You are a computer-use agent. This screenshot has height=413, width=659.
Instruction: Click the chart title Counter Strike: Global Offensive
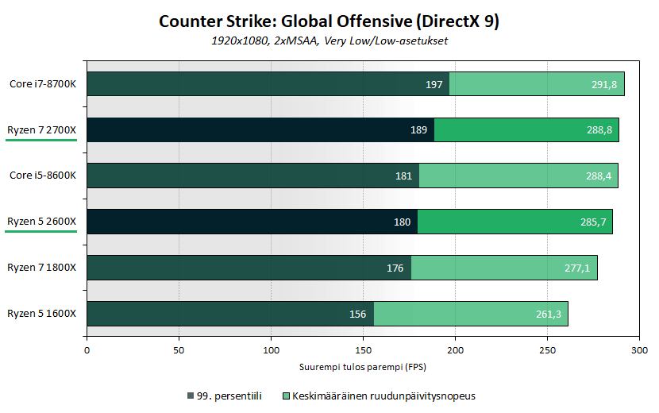[329, 21]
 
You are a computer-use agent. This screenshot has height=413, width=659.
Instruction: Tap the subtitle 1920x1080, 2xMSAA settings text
[329, 41]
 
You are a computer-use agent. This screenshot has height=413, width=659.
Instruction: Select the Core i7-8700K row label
[43, 83]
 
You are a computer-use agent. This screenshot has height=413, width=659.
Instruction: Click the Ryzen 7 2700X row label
[41, 129]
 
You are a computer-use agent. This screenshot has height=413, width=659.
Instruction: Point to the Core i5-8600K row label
[43, 176]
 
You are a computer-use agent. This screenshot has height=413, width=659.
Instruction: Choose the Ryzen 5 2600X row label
[41, 222]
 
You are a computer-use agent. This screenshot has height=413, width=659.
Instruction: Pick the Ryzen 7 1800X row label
[41, 268]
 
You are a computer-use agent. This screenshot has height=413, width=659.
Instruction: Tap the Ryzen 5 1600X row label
[41, 314]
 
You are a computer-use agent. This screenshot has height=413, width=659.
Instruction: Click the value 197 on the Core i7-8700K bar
[434, 84]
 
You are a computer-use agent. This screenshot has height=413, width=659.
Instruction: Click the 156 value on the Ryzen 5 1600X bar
[357, 315]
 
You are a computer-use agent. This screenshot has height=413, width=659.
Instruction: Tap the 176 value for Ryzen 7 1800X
[395, 268]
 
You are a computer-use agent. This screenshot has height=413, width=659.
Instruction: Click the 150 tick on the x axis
[364, 350]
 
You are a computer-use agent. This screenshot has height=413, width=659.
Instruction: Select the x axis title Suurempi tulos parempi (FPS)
[363, 367]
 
